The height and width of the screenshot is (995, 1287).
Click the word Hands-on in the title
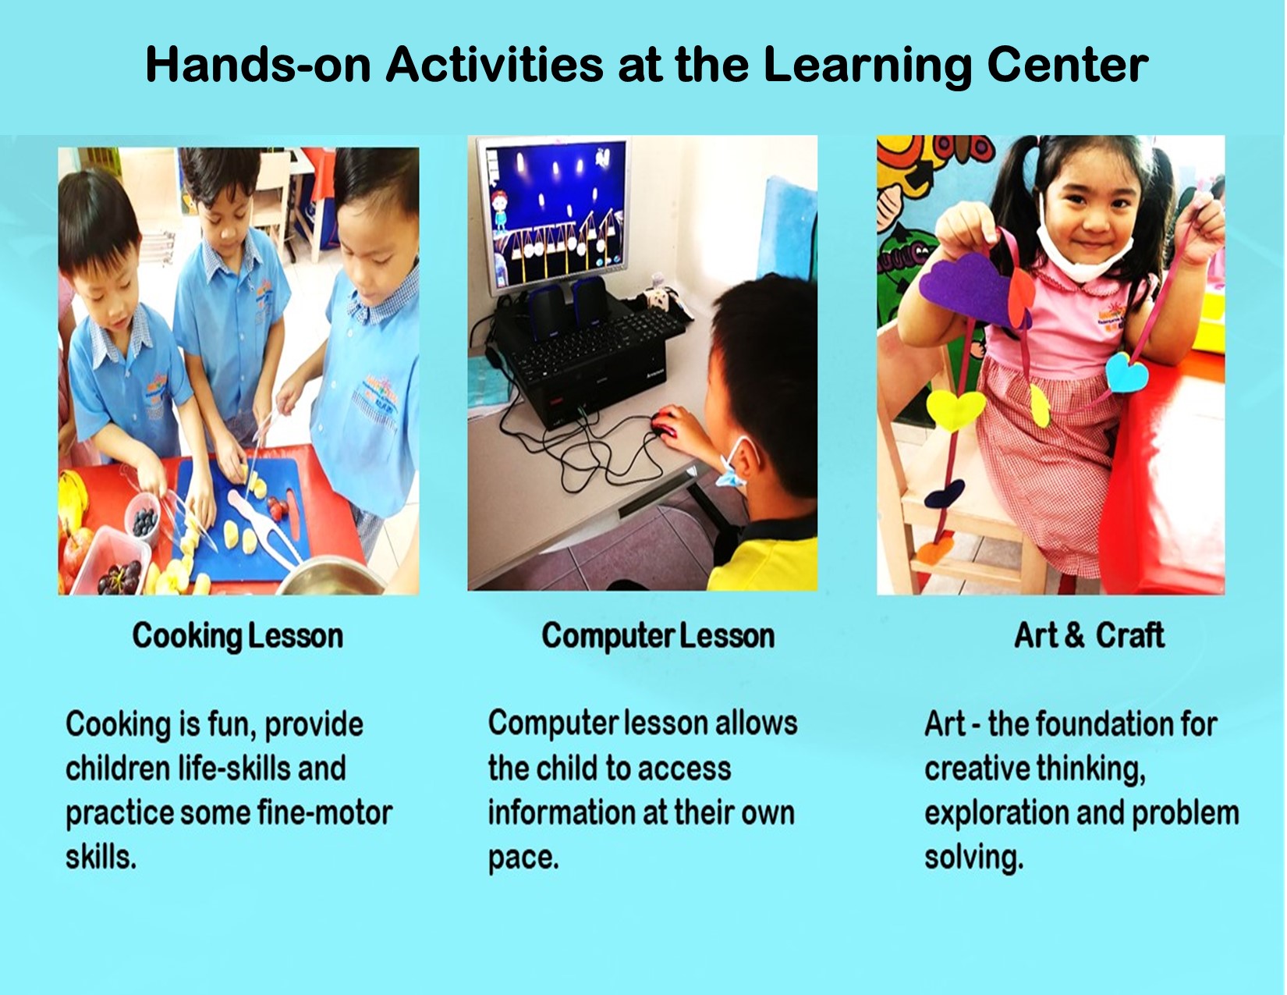[258, 65]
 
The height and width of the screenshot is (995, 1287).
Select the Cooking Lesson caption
[237, 637]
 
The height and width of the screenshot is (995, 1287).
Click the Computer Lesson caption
[658, 637]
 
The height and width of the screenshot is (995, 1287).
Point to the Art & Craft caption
[1089, 635]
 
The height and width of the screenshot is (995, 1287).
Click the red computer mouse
[665, 423]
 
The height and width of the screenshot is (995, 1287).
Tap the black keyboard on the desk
[592, 343]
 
